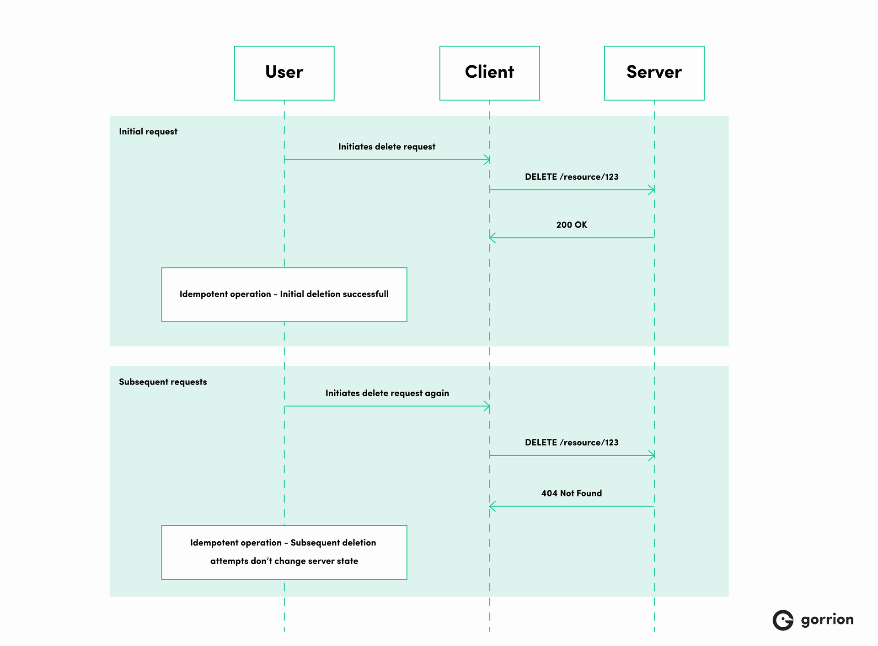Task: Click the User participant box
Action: tap(284, 73)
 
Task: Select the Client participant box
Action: tap(489, 73)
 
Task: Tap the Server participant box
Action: tap(654, 73)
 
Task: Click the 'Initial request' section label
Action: tap(148, 132)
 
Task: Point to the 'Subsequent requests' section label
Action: tap(163, 382)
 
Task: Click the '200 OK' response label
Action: tap(572, 225)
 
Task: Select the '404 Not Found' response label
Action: tap(572, 493)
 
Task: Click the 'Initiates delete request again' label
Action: tap(387, 393)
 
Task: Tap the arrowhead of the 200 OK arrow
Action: tap(492, 238)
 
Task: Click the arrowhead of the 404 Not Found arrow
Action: tap(492, 506)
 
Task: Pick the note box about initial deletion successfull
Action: tap(284, 294)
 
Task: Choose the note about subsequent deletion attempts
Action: tap(284, 552)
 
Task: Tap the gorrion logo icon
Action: tap(783, 620)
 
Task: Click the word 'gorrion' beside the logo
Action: tap(827, 620)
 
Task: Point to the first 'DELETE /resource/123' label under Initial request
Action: tap(572, 177)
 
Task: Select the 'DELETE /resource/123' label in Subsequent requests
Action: tap(572, 443)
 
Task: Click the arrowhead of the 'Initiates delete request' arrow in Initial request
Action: tap(487, 160)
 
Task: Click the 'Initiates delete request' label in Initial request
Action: tap(387, 147)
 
